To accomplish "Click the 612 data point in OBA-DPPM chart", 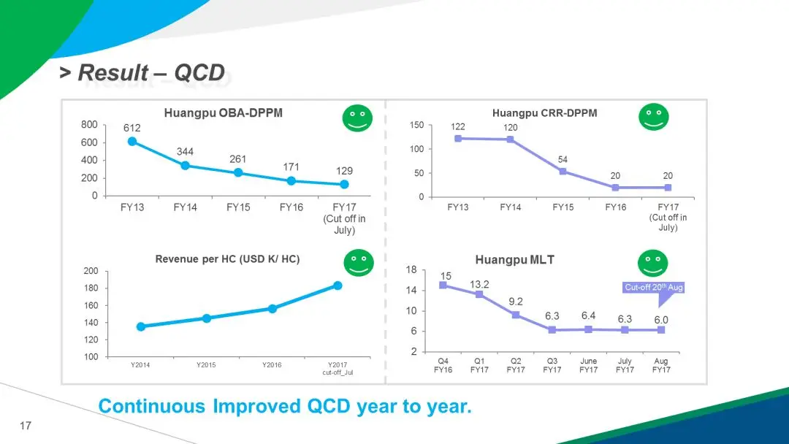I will [132, 142].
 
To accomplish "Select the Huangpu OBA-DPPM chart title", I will [223, 113].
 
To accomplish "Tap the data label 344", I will [186, 151].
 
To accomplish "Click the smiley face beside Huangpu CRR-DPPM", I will [653, 117].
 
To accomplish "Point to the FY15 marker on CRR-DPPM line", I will [563, 172].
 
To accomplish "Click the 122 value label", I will [458, 126].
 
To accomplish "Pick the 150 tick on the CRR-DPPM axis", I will [416, 126].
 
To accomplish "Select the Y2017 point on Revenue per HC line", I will [338, 286].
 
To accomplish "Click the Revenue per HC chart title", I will [227, 259].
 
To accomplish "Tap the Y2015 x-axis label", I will [206, 365].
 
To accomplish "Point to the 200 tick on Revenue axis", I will [91, 271].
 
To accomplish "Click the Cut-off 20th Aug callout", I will [653, 288].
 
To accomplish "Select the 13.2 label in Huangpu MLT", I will [479, 283].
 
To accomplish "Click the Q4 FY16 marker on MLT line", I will [443, 285].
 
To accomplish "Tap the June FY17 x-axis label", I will [588, 366].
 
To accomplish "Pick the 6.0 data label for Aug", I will [660, 320].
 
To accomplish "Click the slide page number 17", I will [26, 426].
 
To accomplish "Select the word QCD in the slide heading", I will [199, 73].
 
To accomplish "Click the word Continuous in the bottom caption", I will [153, 407].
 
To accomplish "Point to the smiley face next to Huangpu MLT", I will [652, 264].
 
